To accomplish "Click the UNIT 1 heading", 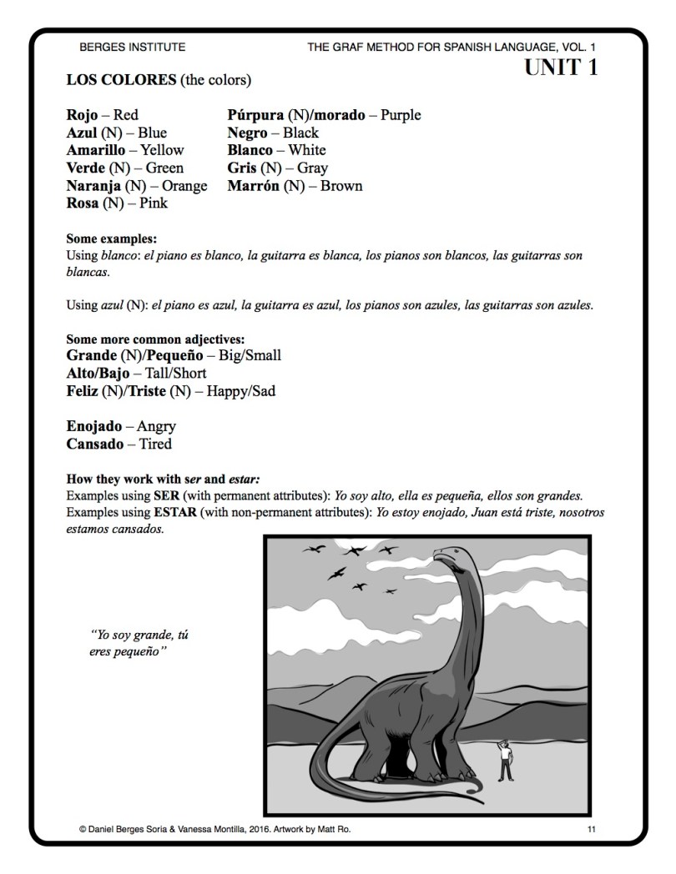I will [561, 68].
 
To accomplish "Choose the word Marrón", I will [254, 186].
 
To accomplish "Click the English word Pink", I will [154, 203].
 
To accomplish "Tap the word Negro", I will [249, 133].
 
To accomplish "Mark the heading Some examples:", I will [112, 239].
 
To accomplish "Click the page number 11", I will [591, 829].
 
